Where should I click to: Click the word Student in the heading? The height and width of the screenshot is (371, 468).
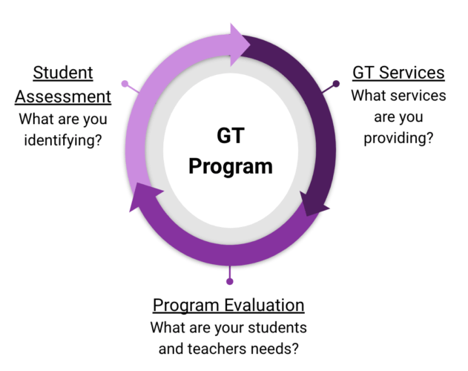(63, 73)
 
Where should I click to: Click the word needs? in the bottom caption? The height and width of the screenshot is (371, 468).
(283, 347)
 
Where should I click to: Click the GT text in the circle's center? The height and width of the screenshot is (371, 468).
(230, 136)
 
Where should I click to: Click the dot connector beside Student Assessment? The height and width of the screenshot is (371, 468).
(125, 84)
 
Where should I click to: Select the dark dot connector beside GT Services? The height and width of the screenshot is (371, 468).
(336, 84)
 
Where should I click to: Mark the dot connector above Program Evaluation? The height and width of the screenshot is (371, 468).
(230, 281)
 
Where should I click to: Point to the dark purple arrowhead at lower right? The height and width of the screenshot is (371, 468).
(314, 201)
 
